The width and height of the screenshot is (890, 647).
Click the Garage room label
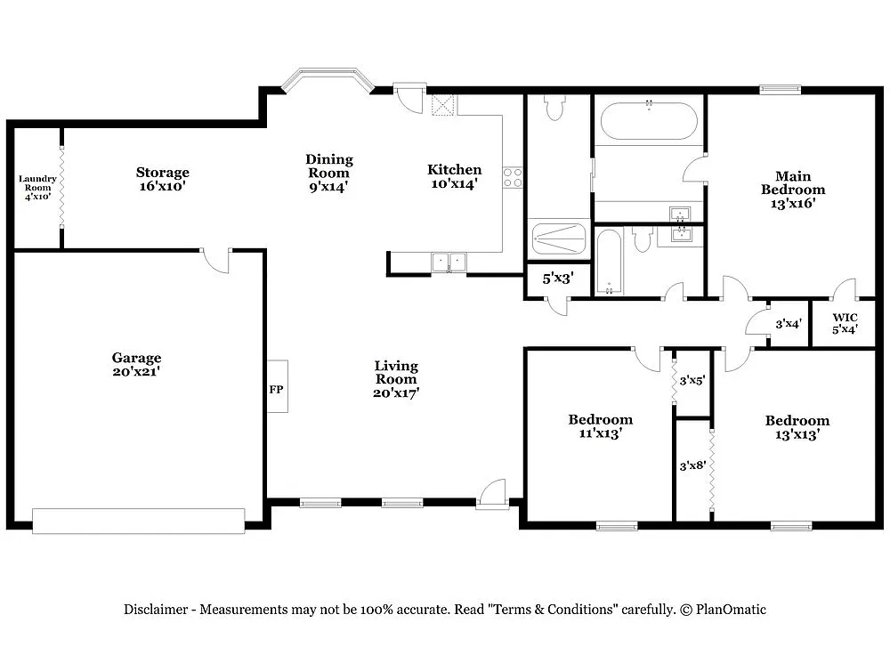click(136, 364)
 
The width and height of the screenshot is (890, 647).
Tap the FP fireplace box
click(277, 387)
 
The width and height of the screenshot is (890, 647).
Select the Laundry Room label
click(37, 187)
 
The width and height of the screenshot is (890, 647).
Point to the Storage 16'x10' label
click(162, 179)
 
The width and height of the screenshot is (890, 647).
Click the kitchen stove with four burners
click(512, 177)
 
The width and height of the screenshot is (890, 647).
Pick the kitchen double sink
click(449, 262)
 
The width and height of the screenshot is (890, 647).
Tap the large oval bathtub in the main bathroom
click(648, 121)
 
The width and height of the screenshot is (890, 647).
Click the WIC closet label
click(845, 323)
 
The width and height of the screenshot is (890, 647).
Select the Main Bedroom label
click(792, 189)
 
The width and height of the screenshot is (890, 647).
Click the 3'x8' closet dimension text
click(692, 465)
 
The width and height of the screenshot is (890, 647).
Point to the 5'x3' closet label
click(558, 278)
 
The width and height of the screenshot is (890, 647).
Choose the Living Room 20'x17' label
click(396, 378)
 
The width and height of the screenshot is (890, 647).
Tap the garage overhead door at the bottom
click(138, 521)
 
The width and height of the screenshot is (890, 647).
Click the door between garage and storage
click(216, 260)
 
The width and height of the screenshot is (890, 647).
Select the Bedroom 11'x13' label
click(601, 426)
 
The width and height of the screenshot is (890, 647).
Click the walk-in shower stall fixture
click(558, 239)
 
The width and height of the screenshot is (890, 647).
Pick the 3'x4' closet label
click(789, 324)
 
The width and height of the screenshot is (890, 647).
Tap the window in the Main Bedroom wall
click(780, 89)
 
